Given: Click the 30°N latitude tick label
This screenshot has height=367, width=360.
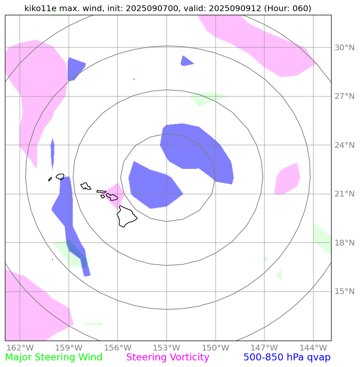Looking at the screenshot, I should pyautogui.click(x=344, y=48).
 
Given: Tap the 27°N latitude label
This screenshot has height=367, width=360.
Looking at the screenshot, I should pyautogui.click(x=344, y=96).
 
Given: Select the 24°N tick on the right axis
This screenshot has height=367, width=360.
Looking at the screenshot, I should pyautogui.click(x=344, y=145).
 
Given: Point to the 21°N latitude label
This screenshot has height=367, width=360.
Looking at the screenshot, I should pyautogui.click(x=344, y=194).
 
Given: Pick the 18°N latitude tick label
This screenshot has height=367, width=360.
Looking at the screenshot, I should pyautogui.click(x=344, y=243).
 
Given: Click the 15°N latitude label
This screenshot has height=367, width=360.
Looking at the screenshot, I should pyautogui.click(x=344, y=292).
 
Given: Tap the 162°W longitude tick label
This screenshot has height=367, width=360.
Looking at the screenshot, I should pyautogui.click(x=20, y=348).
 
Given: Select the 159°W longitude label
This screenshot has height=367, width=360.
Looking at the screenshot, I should pyautogui.click(x=68, y=348).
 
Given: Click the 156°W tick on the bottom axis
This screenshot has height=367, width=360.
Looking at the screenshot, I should pyautogui.click(x=118, y=348).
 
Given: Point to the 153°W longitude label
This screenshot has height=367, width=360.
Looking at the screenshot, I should pyautogui.click(x=166, y=348).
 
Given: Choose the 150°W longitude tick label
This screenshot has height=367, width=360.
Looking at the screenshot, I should pyautogui.click(x=215, y=348).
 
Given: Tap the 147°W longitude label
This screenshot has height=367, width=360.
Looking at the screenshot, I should pyautogui.click(x=264, y=348).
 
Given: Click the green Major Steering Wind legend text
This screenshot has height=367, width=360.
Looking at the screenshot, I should pyautogui.click(x=54, y=358).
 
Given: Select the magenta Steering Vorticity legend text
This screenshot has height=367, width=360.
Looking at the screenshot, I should pyautogui.click(x=168, y=358).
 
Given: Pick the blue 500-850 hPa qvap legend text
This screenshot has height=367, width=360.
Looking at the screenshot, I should pyautogui.click(x=287, y=358).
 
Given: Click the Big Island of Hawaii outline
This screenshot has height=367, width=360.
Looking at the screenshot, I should pyautogui.click(x=126, y=217).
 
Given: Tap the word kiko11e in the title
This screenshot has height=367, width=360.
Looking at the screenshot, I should pyautogui.click(x=40, y=8).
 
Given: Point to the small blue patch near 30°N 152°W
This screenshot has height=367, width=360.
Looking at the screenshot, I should pyautogui.click(x=186, y=61).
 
